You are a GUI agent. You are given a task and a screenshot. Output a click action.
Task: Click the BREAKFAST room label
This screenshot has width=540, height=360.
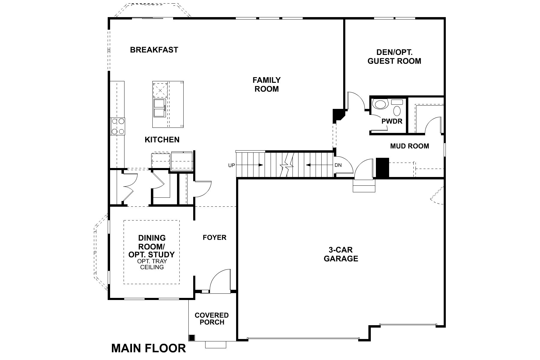154,50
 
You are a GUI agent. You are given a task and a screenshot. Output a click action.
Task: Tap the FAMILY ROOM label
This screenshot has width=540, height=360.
266,84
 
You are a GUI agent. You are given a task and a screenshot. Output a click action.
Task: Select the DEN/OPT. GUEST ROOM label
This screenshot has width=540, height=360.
394,57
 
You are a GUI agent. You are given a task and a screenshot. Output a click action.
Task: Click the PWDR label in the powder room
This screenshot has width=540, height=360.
392,121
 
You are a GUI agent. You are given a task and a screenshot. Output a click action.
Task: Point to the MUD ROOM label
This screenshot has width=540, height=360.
409,146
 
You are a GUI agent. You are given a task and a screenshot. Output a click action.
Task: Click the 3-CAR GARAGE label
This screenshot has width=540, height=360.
341,254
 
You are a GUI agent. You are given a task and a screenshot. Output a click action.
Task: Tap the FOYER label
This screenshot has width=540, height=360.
214,238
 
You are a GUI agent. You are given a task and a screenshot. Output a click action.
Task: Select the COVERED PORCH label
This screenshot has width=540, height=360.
211,319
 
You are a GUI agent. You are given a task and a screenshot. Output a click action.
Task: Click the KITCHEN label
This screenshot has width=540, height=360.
162,140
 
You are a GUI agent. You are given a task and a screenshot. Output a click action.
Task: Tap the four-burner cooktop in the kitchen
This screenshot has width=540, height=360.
118,126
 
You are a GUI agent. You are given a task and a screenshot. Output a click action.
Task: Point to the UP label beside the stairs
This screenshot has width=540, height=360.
232,165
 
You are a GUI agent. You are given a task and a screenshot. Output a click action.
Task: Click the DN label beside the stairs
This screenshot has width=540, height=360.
338,165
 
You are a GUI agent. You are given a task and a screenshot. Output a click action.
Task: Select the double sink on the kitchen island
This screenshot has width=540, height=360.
159,108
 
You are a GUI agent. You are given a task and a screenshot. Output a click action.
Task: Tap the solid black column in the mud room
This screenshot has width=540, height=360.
382,168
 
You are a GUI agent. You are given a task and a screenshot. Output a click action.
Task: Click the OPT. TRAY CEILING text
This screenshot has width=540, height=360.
152,264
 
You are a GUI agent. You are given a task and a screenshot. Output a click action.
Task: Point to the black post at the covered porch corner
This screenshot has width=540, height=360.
192,337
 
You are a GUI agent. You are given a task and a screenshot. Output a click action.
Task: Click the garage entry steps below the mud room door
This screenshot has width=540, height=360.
364,186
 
